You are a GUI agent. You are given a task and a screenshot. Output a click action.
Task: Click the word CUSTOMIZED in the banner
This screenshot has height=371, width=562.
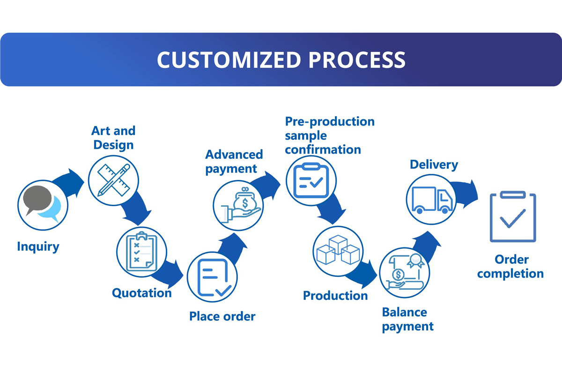click(x=229, y=60)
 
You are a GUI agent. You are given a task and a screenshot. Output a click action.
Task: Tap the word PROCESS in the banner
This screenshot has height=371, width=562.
click(x=357, y=60)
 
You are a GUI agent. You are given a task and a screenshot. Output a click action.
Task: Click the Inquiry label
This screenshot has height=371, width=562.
click(x=38, y=247)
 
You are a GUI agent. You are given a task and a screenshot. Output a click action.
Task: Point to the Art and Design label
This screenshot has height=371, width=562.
click(x=113, y=138)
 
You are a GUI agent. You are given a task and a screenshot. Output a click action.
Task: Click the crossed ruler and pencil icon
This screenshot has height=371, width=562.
click(x=114, y=180)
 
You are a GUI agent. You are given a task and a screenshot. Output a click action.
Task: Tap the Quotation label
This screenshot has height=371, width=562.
click(x=142, y=293)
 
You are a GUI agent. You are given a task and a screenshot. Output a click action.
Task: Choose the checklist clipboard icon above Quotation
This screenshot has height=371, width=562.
click(x=142, y=252)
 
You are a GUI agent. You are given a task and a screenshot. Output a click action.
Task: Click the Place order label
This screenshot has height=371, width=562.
click(x=222, y=316)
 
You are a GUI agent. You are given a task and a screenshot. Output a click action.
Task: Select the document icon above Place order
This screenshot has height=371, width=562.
click(x=214, y=278)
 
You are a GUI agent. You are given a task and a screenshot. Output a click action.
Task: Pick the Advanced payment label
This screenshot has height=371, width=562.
click(x=234, y=162)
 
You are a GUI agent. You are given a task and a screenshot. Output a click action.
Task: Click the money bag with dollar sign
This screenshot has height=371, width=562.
click(x=244, y=200)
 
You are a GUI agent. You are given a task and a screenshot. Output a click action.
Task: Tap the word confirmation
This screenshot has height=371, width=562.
click(x=323, y=149)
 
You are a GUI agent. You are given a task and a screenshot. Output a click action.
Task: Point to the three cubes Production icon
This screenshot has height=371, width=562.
click(x=338, y=250)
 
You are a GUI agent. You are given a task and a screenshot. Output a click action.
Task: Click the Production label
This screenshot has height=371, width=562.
click(x=335, y=296)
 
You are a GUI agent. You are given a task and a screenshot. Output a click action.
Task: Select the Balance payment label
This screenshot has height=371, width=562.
click(x=408, y=320)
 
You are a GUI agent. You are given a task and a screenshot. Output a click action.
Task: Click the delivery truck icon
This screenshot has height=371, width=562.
click(x=432, y=200)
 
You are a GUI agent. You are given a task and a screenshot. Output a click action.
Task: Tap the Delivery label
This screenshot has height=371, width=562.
click(x=434, y=165)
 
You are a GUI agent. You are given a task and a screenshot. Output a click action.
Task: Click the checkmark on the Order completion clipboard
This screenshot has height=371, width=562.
click(x=512, y=219)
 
